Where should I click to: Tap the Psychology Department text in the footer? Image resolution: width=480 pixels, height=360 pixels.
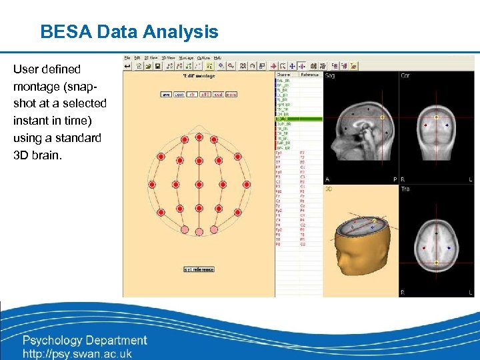pyautogui.click(x=85, y=341)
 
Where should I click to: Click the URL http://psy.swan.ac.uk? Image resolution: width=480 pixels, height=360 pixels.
pyautogui.click(x=77, y=354)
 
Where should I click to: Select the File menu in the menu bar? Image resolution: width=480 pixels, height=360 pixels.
pyautogui.click(x=127, y=58)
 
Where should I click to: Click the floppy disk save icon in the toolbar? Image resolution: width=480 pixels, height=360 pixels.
pyautogui.click(x=158, y=66)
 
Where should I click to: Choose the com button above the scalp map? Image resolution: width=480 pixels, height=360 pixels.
pyautogui.click(x=179, y=95)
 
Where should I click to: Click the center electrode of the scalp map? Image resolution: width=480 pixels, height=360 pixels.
pyautogui.click(x=199, y=184)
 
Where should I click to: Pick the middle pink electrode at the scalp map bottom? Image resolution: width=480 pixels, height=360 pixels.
pyautogui.click(x=199, y=231)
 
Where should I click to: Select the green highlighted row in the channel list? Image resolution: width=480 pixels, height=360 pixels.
pyautogui.click(x=298, y=119)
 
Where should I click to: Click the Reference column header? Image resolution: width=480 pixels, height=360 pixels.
pyautogui.click(x=310, y=75)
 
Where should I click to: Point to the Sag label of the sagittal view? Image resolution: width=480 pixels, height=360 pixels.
pyautogui.click(x=329, y=75)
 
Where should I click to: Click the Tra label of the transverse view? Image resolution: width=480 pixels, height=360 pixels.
pyautogui.click(x=405, y=189)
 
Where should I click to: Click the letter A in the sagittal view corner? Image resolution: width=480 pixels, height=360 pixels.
pyautogui.click(x=327, y=179)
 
